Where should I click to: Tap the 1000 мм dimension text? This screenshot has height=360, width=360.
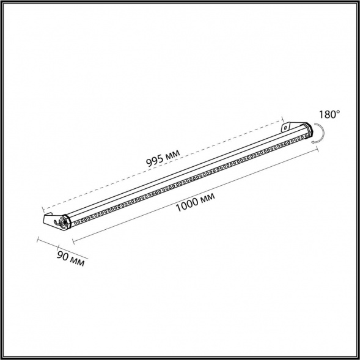pyautogui.click(x=194, y=203)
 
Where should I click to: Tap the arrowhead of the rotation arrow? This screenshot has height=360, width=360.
pyautogui.click(x=313, y=141)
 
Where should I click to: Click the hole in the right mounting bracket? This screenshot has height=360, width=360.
pyautogui.click(x=286, y=127)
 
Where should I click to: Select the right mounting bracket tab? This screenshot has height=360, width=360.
pyautogui.click(x=287, y=127)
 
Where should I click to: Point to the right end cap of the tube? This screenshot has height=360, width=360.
pyautogui.click(x=306, y=129)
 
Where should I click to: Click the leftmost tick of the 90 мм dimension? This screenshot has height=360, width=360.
pyautogui.click(x=39, y=240)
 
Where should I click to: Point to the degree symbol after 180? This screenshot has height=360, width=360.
pyautogui.click(x=339, y=111)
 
